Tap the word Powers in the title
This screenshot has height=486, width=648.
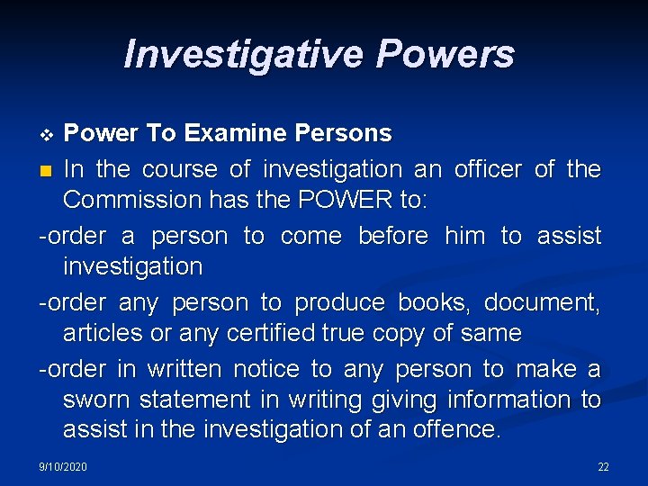tap(445, 54)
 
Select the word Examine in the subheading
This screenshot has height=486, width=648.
tap(237, 134)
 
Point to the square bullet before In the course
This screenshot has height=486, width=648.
tap(47, 170)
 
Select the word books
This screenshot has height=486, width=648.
tap(436, 302)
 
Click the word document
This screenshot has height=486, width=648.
tap(547, 302)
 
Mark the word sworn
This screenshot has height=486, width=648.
tap(94, 400)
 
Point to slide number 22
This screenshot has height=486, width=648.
tap(603, 467)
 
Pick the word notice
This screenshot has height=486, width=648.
tap(265, 369)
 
